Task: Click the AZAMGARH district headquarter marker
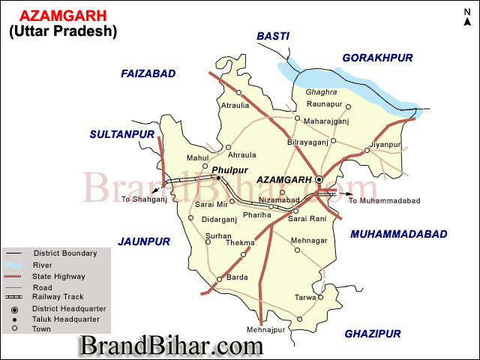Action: tap(319, 180)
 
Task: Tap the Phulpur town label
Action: tap(229, 170)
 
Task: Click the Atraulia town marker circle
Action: tap(238, 93)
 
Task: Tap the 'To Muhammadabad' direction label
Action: tap(384, 200)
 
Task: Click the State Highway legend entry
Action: tap(59, 276)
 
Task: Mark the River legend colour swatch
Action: tap(12, 265)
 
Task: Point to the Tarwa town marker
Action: tap(320, 297)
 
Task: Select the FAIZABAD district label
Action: tap(148, 73)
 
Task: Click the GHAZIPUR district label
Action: tap(373, 334)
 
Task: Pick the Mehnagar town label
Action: tap(310, 240)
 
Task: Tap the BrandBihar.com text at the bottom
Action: tap(172, 346)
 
